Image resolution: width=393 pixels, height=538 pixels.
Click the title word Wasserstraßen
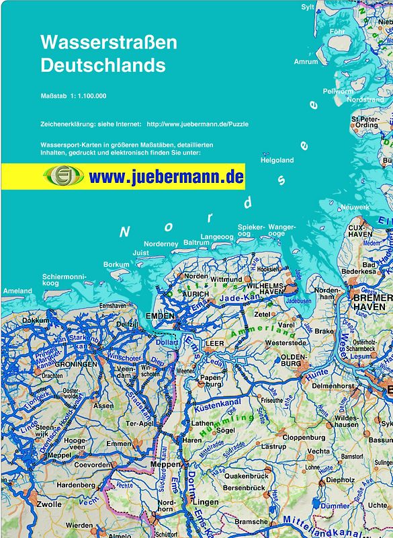pyautogui.click(x=109, y=42)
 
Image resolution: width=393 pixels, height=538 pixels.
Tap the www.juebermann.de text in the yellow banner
pyautogui.click(x=165, y=178)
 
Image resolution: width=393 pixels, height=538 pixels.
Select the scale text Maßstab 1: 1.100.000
pyautogui.click(x=74, y=96)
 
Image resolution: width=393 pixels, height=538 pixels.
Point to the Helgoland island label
pyautogui.click(x=277, y=161)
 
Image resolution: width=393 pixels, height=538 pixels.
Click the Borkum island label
pyautogui.click(x=116, y=264)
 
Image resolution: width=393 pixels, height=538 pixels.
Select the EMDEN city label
pyautogui.click(x=161, y=315)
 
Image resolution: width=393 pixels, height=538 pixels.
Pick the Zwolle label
pyautogui.click(x=50, y=504)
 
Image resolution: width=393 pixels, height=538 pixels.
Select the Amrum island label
pyautogui.click(x=306, y=62)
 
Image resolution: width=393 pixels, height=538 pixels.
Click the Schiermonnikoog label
pyautogui.click(x=64, y=280)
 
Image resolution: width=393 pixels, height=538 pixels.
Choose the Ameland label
pyautogui.click(x=17, y=291)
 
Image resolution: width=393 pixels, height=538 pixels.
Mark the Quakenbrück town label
pyautogui.click(x=246, y=475)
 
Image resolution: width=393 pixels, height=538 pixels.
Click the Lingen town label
pyautogui.click(x=207, y=502)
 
